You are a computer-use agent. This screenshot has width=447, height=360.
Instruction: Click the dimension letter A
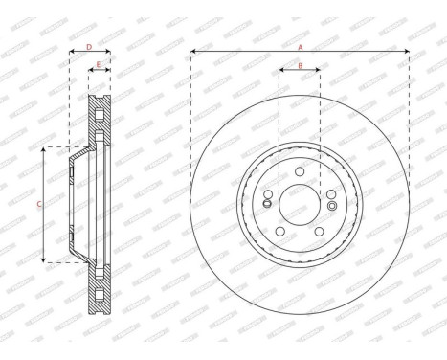[300, 46]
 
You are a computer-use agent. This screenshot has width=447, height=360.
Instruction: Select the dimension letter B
[300, 65]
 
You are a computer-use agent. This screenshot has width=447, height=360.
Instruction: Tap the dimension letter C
[38, 204]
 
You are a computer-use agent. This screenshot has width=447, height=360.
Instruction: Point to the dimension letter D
[89, 46]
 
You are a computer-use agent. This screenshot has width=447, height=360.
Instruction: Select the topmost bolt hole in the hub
[300, 171]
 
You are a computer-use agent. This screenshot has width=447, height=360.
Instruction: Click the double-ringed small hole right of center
[331, 205]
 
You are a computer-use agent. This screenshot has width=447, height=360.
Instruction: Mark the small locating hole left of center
[267, 201]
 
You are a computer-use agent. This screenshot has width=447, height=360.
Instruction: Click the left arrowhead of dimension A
[193, 51]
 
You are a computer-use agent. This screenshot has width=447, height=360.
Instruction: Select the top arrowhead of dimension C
[45, 150]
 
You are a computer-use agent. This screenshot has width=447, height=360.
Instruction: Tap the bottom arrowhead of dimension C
[45, 259]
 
